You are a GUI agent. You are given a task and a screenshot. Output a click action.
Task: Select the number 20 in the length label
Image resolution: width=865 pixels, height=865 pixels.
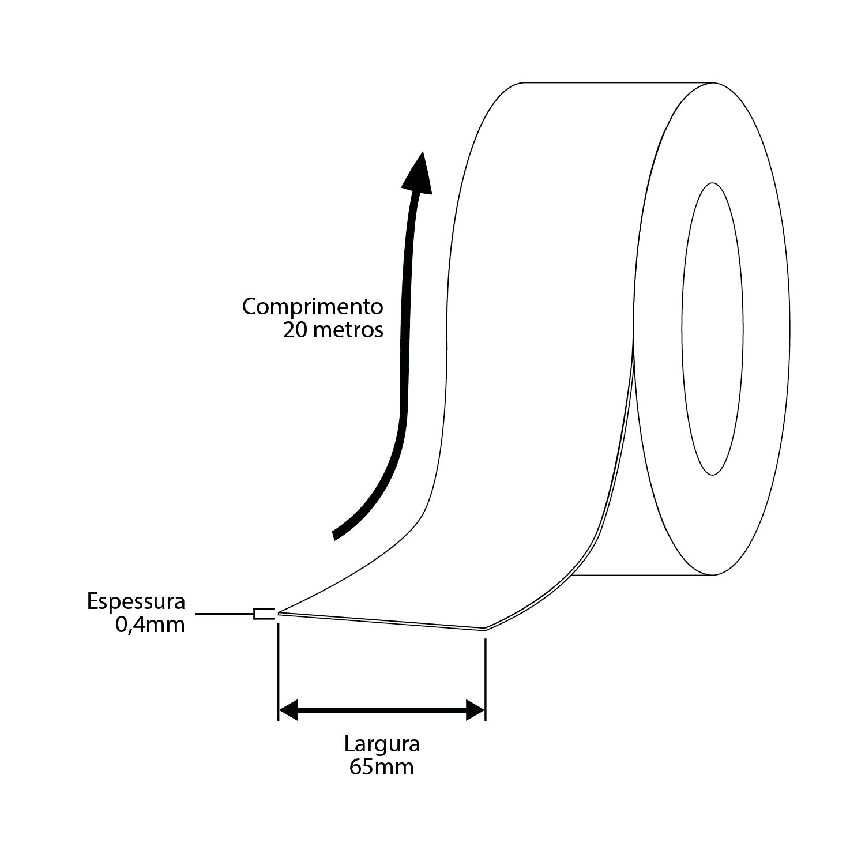pyautogui.click(x=294, y=330)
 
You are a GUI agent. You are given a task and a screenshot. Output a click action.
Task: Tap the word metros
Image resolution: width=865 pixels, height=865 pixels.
pyautogui.click(x=348, y=330)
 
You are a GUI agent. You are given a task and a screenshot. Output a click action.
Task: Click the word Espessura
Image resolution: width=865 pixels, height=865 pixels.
pyautogui.click(x=136, y=601)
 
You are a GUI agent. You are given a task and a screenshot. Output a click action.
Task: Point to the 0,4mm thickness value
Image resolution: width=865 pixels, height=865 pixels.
pyautogui.click(x=151, y=625)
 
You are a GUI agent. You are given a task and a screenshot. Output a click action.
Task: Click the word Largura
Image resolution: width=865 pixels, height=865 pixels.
pyautogui.click(x=382, y=744)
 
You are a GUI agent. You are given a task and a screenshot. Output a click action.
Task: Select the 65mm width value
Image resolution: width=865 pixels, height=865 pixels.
pyautogui.click(x=382, y=767)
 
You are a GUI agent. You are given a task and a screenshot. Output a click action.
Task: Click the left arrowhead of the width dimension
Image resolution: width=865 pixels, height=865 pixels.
pyautogui.click(x=288, y=710)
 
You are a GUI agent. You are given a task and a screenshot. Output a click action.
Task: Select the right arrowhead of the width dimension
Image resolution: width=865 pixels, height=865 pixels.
pyautogui.click(x=476, y=710)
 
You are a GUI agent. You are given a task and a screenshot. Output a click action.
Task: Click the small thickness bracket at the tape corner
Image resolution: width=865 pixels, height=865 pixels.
pyautogui.click(x=264, y=614)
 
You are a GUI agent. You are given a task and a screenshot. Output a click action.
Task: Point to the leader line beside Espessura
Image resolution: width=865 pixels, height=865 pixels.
pyautogui.click(x=225, y=614)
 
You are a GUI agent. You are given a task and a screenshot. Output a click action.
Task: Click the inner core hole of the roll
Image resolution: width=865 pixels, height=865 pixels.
pyautogui.click(x=713, y=329)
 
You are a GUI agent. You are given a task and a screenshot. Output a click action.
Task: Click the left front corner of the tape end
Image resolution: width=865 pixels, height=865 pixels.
pyautogui.click(x=279, y=614)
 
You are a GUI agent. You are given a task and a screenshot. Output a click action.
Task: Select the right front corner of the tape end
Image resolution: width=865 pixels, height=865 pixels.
pyautogui.click(x=484, y=629)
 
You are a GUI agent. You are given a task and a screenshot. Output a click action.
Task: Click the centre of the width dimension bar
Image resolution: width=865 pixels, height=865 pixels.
pyautogui.click(x=382, y=710)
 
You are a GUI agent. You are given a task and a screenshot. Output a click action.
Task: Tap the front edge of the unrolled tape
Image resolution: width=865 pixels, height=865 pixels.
pyautogui.click(x=382, y=622)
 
